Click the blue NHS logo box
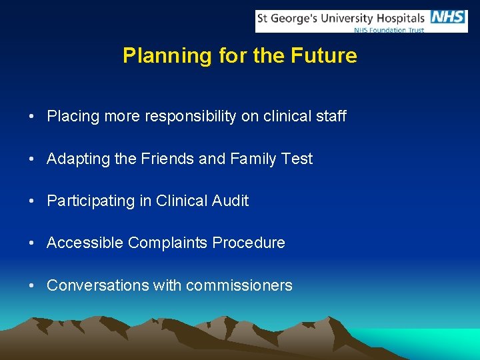448,17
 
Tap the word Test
297,159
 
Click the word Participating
91,201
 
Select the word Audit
230,201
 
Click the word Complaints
168,243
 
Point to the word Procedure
249,243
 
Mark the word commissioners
239,286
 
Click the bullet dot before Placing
32,117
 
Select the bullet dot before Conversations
32,286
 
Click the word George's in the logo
295,18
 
